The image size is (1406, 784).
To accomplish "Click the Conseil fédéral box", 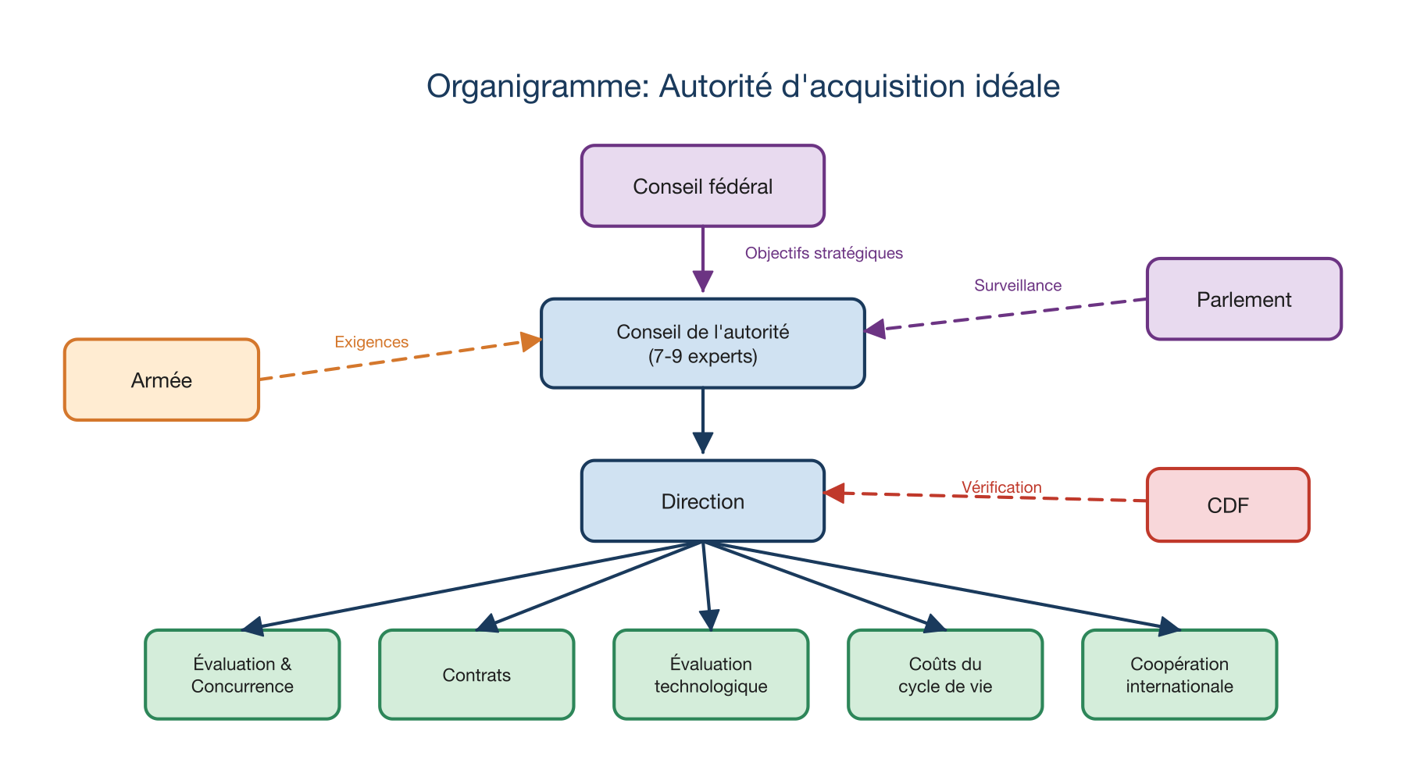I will pos(702,186).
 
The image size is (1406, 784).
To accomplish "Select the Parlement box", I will pos(1244,299).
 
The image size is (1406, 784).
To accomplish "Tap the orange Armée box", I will pos(161,380).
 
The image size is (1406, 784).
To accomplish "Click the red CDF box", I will pos(1227,505).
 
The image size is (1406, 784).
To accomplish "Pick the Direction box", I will pos(702,501).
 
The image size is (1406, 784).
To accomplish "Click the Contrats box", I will pos(476,675).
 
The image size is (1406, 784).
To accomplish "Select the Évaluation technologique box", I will pos(710,675).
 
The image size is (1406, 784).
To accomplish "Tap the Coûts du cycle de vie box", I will pos(944,675).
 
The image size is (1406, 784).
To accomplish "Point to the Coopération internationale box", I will pos(1179,675).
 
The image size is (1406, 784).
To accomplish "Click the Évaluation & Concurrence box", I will pos(242,675).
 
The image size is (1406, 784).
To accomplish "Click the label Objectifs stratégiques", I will pos(823,253).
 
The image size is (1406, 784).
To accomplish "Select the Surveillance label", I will pos(1017,286).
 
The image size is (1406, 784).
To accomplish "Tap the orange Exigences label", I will pos(371,342).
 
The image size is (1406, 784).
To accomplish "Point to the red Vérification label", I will pos(1001,487).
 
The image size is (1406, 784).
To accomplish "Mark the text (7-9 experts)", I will pos(702,357).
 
